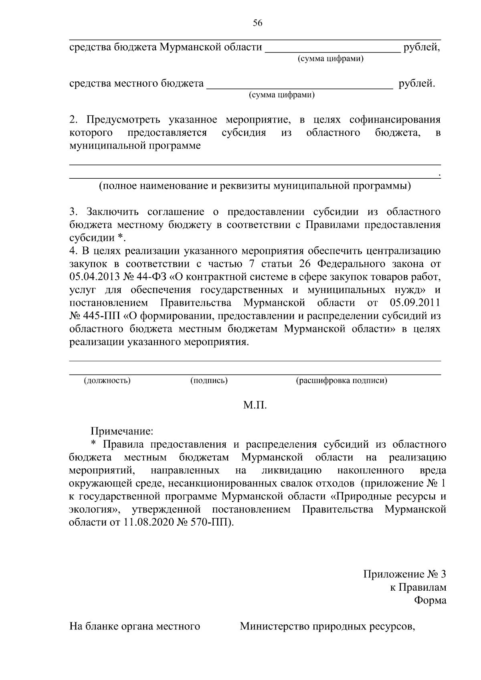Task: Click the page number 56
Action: [257, 23]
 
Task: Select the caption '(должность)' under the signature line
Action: [107, 381]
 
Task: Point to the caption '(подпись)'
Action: [209, 381]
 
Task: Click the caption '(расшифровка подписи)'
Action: [342, 381]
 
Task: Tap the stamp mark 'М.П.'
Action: [255, 406]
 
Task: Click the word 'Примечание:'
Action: [122, 432]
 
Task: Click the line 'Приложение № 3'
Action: [404, 574]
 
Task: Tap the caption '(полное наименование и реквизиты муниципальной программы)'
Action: [255, 186]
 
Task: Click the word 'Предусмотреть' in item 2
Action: [123, 120]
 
